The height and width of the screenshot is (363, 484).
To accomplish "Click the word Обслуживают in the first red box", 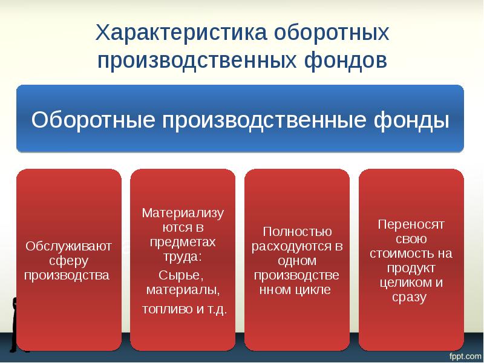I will tap(68, 246).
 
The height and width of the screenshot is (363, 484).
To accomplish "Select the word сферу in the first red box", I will tap(68, 261).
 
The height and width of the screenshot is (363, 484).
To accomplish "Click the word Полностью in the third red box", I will tap(296, 232).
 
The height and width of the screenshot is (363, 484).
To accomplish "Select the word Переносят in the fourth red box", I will tap(411, 224).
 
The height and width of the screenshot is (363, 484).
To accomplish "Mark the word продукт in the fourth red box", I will tap(411, 268).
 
